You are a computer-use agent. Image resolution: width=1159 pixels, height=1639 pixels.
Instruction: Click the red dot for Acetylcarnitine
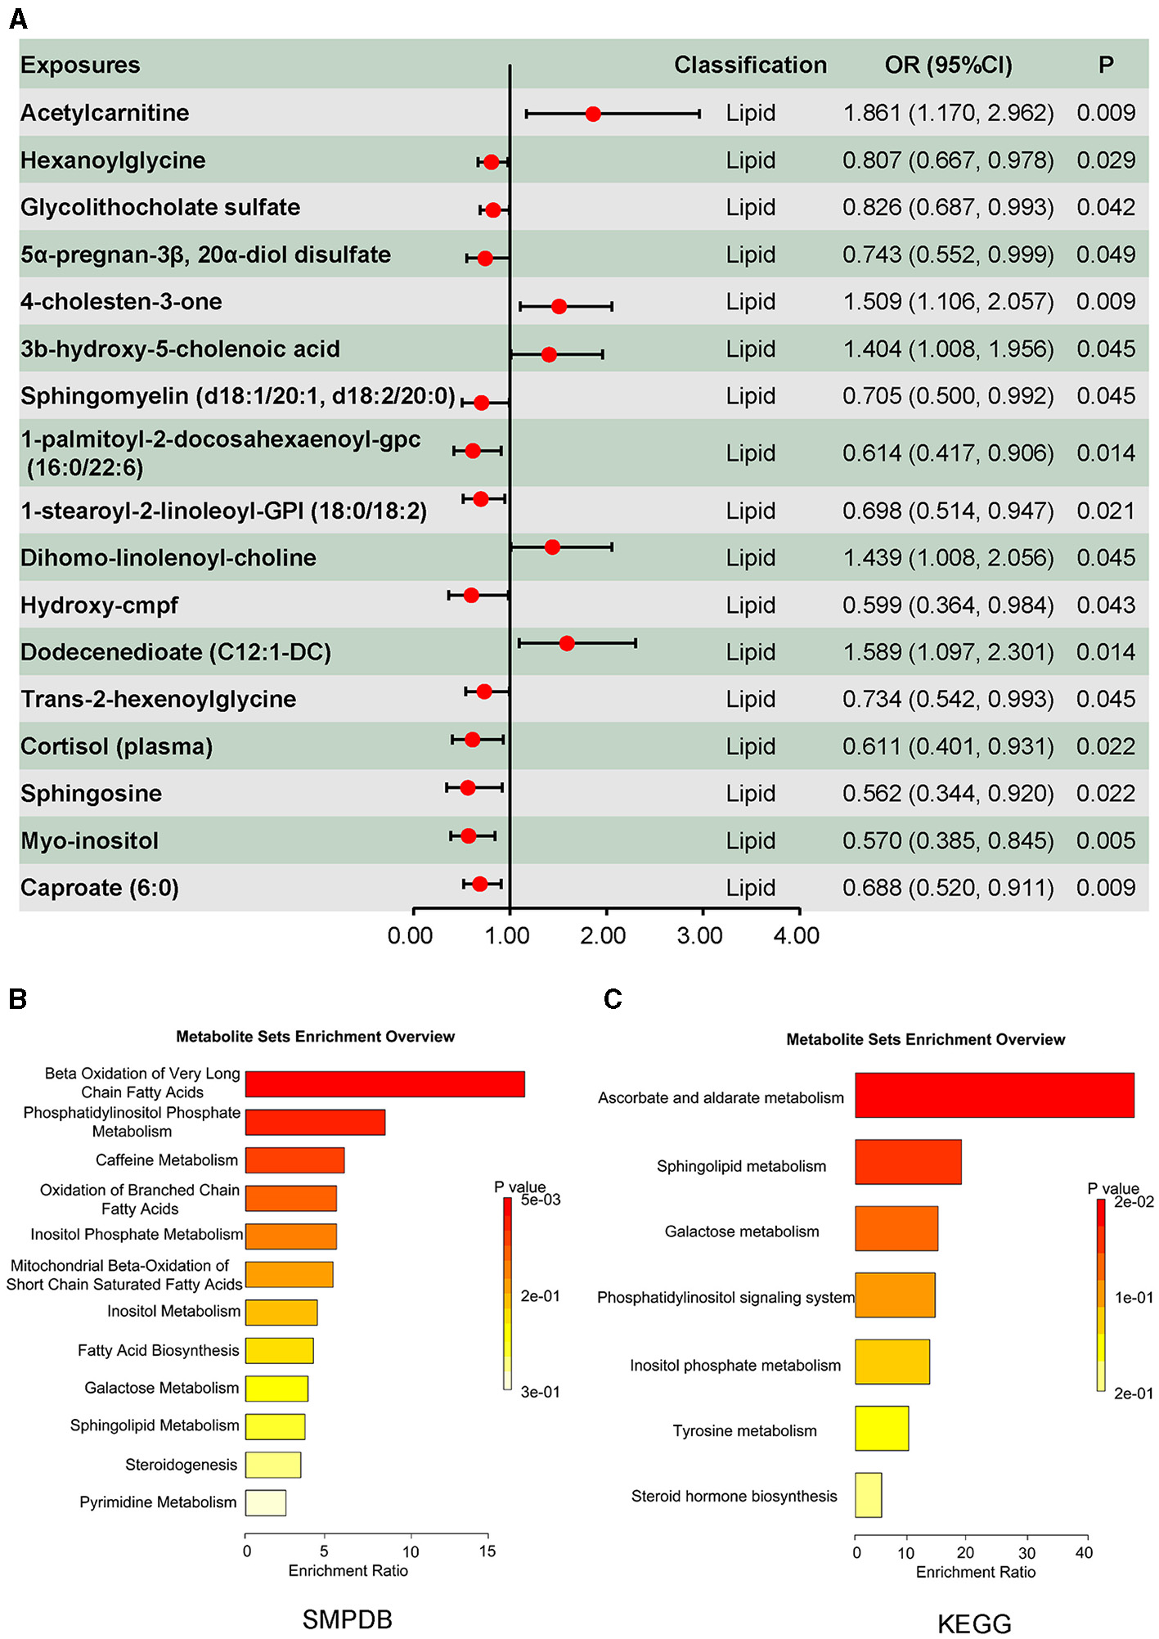point(593,114)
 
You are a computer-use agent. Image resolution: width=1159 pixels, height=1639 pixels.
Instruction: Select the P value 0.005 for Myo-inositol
point(1105,840)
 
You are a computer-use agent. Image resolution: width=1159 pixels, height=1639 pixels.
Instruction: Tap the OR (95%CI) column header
point(948,65)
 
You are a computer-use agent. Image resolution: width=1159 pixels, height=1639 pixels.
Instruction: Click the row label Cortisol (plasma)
point(116,746)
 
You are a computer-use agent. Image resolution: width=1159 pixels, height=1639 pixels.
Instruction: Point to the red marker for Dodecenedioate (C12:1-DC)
point(567,643)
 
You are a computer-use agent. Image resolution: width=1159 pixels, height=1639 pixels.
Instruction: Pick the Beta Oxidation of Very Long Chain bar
point(384,1083)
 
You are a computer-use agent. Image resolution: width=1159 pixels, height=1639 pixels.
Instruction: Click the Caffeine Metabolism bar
point(294,1159)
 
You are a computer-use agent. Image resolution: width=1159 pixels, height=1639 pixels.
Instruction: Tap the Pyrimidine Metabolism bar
point(266,1502)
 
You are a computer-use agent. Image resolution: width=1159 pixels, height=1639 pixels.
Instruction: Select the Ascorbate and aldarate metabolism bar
point(994,1095)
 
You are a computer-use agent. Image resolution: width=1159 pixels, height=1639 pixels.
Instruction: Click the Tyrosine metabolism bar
point(881,1428)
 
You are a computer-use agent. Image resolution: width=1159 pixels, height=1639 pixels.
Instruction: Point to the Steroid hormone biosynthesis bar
point(868,1495)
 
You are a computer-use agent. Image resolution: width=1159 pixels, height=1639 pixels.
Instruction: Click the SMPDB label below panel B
point(347,1619)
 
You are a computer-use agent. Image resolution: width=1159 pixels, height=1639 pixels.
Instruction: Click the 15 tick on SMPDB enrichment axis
point(487,1551)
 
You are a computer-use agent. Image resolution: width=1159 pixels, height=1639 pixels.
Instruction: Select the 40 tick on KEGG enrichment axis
point(1084,1553)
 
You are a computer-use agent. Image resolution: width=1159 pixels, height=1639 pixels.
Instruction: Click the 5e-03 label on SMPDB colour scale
point(541,1200)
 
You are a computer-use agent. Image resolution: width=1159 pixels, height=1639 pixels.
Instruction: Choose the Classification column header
point(750,65)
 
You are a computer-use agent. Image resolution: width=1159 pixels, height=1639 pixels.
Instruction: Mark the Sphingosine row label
point(91,793)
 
